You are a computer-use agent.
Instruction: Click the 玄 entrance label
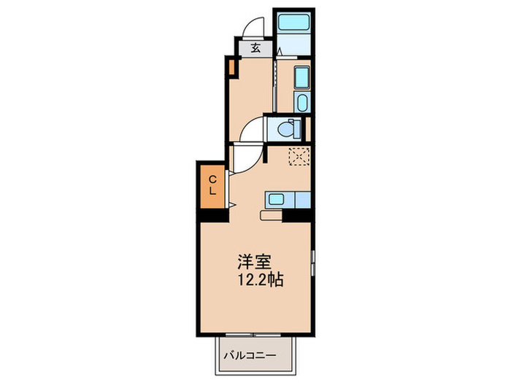pyautogui.click(x=256, y=49)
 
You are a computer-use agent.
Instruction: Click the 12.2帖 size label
pyautogui.click(x=258, y=279)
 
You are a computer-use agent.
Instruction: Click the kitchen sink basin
pyautogui.click(x=274, y=198)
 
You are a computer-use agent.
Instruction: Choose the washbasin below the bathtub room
pyautogui.click(x=301, y=76)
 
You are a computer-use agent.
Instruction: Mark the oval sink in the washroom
pyautogui.click(x=301, y=101)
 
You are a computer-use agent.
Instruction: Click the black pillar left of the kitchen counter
pyautogui.click(x=212, y=215)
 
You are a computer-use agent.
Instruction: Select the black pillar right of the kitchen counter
pyautogui.click(x=298, y=215)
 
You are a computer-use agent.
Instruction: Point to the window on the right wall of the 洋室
pyautogui.click(x=313, y=261)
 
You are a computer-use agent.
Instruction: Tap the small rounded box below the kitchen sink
pyautogui.click(x=269, y=215)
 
